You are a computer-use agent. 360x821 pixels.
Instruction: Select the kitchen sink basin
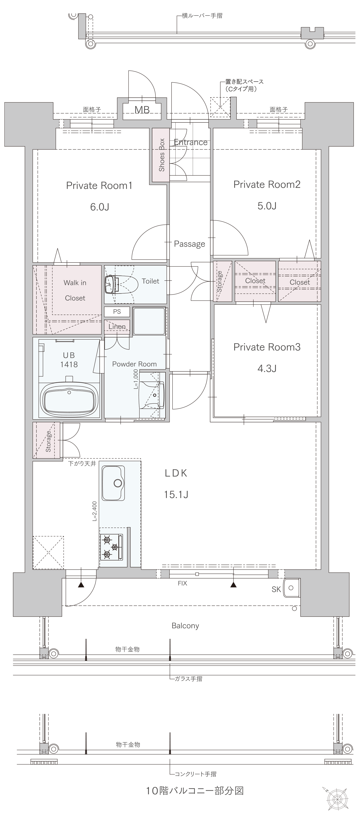point(113,483)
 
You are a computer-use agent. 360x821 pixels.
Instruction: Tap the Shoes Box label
point(162,155)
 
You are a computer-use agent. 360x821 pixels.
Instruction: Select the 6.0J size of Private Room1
point(100,207)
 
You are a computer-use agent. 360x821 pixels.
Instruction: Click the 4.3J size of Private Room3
point(267,368)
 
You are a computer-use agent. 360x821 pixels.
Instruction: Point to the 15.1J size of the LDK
point(176,494)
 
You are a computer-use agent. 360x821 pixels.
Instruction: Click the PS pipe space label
point(117,311)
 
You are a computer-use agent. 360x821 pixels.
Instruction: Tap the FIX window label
point(183,583)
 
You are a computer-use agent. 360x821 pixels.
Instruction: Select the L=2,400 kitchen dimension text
point(95,511)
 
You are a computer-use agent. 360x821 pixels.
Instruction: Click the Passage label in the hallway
point(190,244)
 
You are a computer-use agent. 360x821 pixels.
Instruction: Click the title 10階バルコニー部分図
point(195,790)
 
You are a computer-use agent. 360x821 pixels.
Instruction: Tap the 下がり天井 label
point(82,463)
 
